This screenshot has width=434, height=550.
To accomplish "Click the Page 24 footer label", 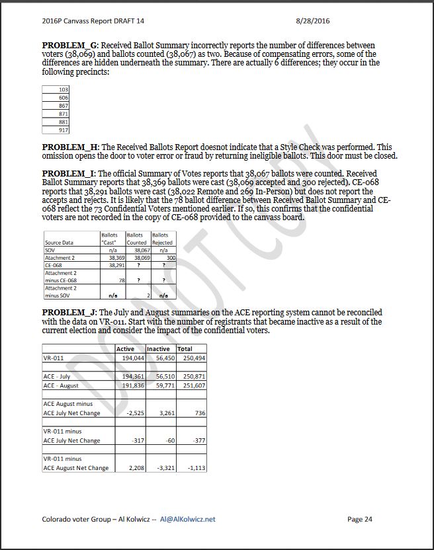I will click(359, 519).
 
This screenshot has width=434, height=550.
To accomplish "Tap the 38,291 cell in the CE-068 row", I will click(117, 264).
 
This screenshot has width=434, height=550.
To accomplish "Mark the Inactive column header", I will click(158, 349).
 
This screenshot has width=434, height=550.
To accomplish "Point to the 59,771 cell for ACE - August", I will click(161, 385).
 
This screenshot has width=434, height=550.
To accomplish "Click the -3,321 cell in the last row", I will click(161, 468).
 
